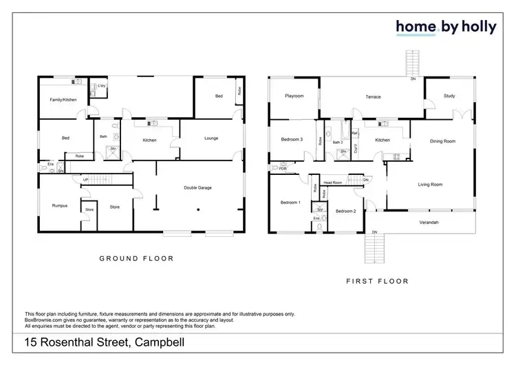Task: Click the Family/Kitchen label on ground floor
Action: tap(63, 100)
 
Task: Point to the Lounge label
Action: tap(211, 139)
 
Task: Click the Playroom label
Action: tap(294, 96)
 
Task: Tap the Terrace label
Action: tap(373, 97)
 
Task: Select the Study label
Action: tap(449, 96)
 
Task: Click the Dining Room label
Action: tap(442, 141)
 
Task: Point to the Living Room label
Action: tap(430, 185)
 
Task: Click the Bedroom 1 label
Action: tap(290, 202)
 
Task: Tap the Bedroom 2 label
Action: tap(345, 211)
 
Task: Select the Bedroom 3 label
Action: tap(292, 140)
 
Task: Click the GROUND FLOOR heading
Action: tap(136, 259)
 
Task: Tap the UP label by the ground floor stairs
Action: tap(85, 180)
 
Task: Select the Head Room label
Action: tap(333, 182)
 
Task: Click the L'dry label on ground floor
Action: tap(101, 86)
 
